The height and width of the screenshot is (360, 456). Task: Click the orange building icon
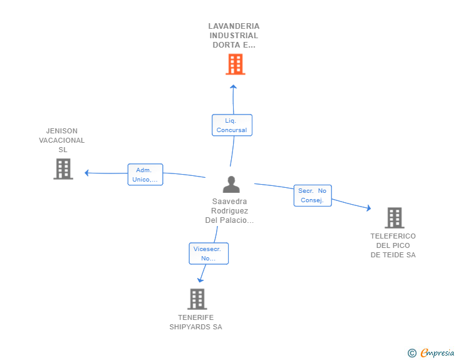tap(236, 64)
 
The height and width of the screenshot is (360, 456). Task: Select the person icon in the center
tap(231, 184)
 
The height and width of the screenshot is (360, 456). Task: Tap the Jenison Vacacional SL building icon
tap(63, 169)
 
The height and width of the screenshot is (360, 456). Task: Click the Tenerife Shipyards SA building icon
tap(197, 299)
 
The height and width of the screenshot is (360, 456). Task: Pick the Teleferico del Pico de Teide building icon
tap(395, 218)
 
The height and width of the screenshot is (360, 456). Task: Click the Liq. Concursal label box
tap(232, 125)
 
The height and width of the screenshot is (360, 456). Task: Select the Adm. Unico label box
tap(145, 175)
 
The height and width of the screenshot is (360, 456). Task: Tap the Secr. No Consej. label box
tap(313, 195)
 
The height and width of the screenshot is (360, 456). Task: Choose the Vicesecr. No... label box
tap(209, 254)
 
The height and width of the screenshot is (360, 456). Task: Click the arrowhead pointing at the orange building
tap(233, 86)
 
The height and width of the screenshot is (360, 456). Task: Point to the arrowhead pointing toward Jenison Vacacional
tap(86, 173)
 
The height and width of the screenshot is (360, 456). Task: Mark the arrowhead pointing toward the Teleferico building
tap(369, 208)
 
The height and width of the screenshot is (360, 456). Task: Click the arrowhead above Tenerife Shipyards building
tap(200, 280)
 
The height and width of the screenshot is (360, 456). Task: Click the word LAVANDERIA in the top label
tap(234, 26)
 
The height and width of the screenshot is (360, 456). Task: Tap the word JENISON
tap(62, 131)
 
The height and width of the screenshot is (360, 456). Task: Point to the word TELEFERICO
tap(393, 236)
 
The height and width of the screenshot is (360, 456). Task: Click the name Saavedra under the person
tap(229, 201)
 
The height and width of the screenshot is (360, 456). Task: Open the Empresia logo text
tap(437, 352)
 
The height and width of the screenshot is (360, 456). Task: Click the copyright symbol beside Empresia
tap(412, 353)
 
